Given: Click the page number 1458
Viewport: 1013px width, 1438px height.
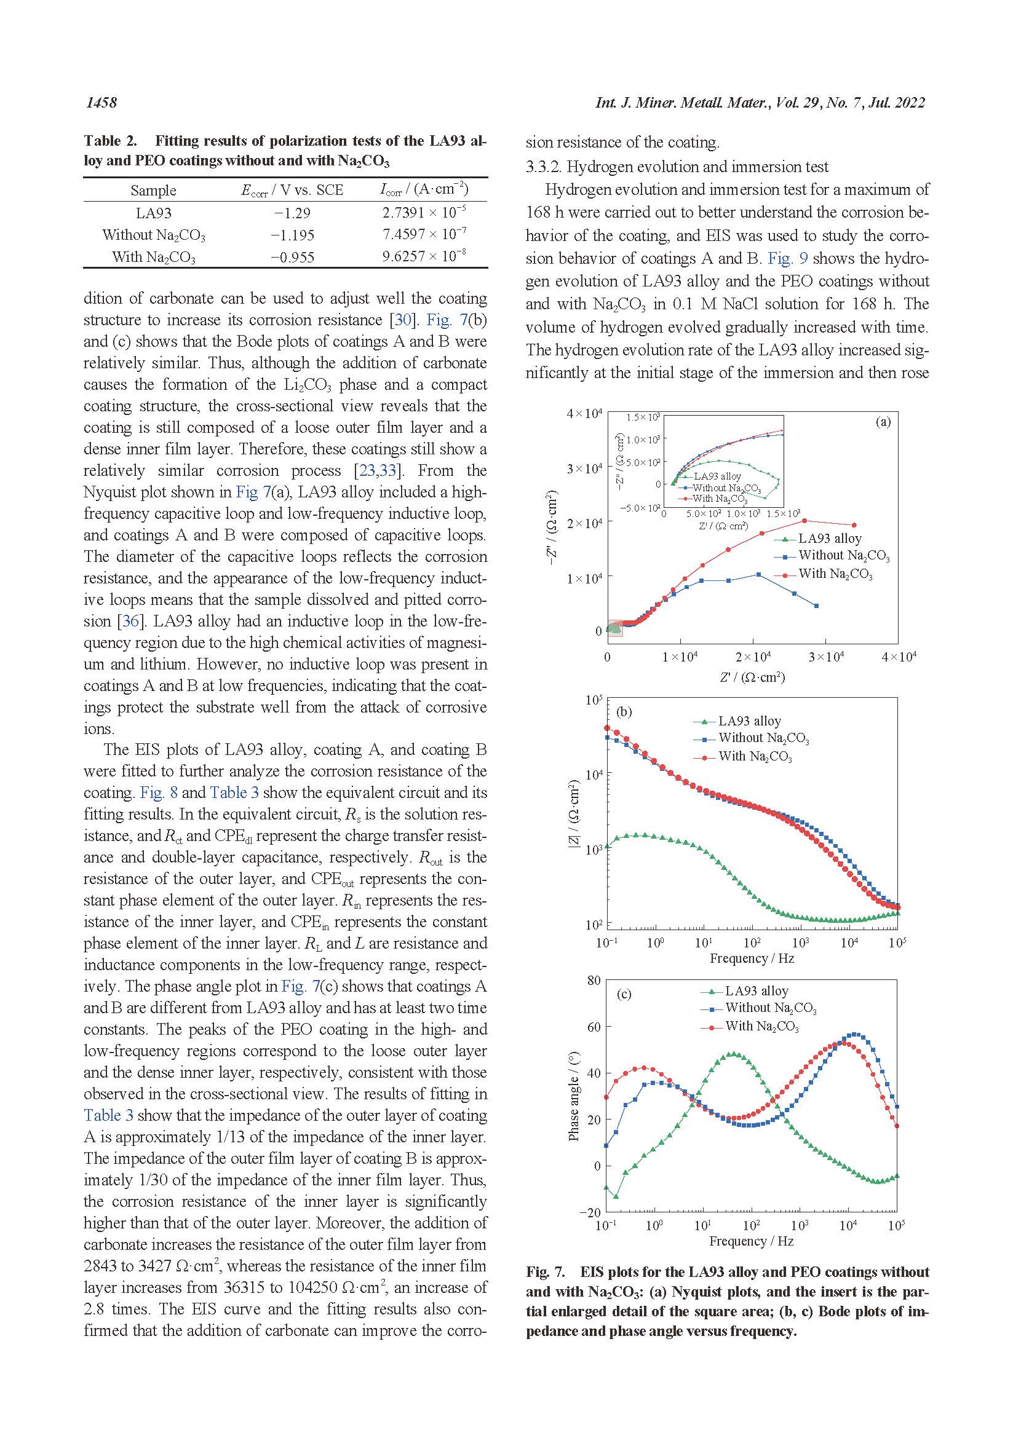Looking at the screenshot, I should pos(101,103).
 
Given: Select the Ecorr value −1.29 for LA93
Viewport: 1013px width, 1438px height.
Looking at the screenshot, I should pos(292,213).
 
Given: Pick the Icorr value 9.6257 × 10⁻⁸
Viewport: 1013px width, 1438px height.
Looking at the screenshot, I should pos(424,256).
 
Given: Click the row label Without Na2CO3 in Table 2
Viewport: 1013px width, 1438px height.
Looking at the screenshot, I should pos(154,235).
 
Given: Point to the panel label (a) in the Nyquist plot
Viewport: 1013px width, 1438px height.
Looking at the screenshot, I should pos(883,422).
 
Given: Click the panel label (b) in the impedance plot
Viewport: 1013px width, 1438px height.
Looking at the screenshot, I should pos(624,711).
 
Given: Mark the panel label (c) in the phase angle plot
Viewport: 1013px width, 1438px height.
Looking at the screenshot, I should pos(624,994).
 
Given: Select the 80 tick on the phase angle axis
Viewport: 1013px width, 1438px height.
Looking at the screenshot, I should pos(594,980).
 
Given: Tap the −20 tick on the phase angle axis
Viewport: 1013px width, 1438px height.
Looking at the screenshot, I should pos(589,1212).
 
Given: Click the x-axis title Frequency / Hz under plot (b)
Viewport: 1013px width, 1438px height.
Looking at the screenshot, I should pos(752,958).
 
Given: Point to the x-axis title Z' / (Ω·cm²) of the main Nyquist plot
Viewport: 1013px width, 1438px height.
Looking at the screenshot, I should pos(752,677).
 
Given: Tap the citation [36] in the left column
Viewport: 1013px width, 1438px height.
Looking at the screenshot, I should pos(130,621).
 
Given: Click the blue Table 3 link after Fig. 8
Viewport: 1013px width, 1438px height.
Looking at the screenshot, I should pos(234,792).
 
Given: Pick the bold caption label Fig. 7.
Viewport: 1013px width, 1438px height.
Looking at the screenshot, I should pos(545,1272).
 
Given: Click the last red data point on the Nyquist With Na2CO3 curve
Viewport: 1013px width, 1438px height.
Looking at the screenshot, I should pos(854,525).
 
